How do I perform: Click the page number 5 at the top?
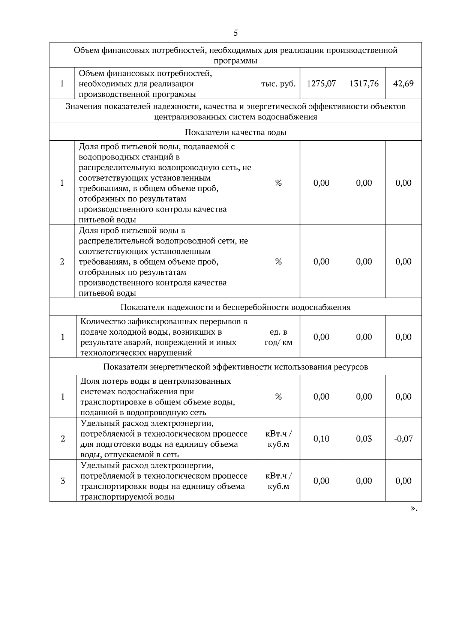coord(235,33)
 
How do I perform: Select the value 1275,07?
coord(321,83)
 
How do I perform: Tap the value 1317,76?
coord(364,83)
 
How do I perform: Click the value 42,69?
coord(403,83)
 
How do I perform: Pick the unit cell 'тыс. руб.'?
coord(278,83)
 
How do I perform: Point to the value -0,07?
coord(403,439)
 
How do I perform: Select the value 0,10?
coord(321,439)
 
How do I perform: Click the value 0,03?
coord(364,439)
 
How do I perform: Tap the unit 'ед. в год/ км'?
coord(278,337)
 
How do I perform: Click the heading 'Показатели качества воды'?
coord(235,132)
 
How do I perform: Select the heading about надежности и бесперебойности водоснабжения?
coord(235,307)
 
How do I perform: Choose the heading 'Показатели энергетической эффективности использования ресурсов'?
coord(235,367)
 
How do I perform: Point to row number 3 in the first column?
coord(63,481)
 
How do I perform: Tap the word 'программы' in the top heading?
coord(235,61)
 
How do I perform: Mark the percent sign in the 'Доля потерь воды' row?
coord(278,397)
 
